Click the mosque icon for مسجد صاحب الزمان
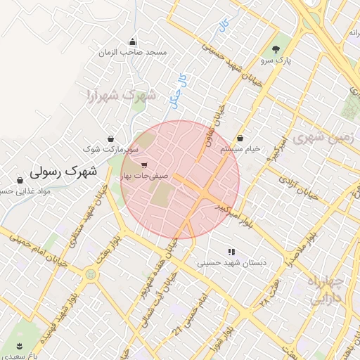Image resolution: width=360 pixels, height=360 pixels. tap(133, 41)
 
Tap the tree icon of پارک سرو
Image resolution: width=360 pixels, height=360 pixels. tap(276, 49)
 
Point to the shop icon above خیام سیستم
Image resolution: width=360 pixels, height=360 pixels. tap(241, 139)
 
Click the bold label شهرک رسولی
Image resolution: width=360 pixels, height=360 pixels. tap(63, 171)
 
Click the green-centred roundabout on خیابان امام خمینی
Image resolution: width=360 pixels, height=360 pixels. tap(90, 275)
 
